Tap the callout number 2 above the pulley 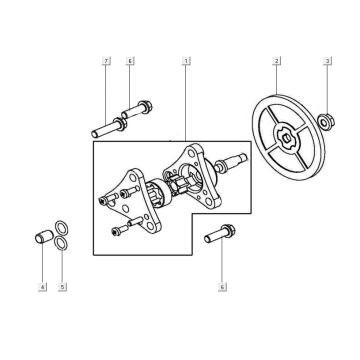[274, 63]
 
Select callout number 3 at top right [327, 63]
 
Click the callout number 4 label [42, 287]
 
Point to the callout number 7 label [106, 63]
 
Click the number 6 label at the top [130, 63]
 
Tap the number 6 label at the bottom [221, 287]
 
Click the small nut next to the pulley [327, 123]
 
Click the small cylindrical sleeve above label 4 [42, 240]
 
